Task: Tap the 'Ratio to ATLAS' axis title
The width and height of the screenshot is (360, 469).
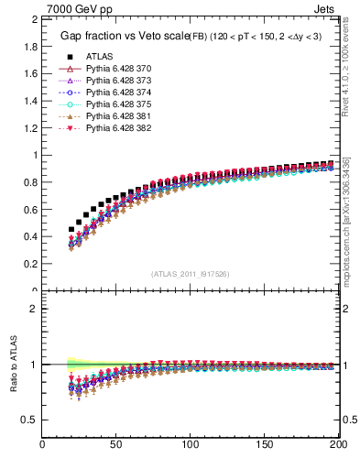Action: point(14,365)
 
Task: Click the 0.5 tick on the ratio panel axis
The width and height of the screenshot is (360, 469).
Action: point(30,420)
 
